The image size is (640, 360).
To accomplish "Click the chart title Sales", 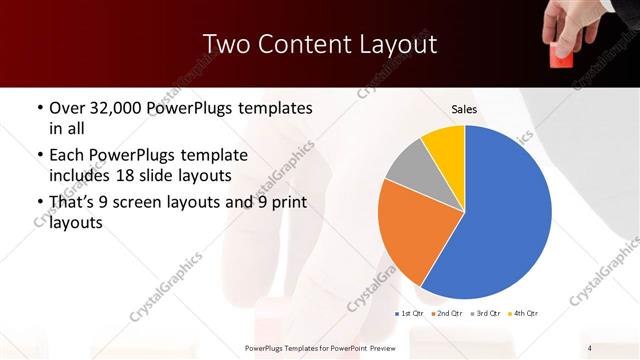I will click(464, 108).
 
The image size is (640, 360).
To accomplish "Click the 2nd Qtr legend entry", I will click(446, 314).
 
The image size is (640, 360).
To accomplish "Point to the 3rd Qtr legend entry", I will click(484, 314).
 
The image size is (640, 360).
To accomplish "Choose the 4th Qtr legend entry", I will click(522, 314).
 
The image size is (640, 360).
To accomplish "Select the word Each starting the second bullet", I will click(68, 155).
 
